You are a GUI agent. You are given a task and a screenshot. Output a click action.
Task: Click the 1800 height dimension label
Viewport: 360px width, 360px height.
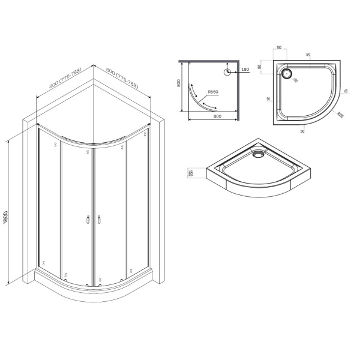click(x=6, y=214)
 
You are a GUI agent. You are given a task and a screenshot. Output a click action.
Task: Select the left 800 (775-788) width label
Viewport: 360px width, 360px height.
click(x=62, y=80)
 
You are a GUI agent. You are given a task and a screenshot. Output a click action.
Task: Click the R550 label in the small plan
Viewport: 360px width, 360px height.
click(x=212, y=92)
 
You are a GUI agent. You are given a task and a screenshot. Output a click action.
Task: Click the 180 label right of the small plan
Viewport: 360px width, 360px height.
click(x=245, y=71)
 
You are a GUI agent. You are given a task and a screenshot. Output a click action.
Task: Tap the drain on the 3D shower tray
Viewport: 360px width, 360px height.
click(x=258, y=154)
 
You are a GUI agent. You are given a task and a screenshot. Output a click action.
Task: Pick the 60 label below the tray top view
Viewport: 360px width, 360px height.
click(x=303, y=130)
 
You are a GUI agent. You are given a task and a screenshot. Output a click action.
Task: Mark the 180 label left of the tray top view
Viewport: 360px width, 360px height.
click(x=260, y=67)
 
